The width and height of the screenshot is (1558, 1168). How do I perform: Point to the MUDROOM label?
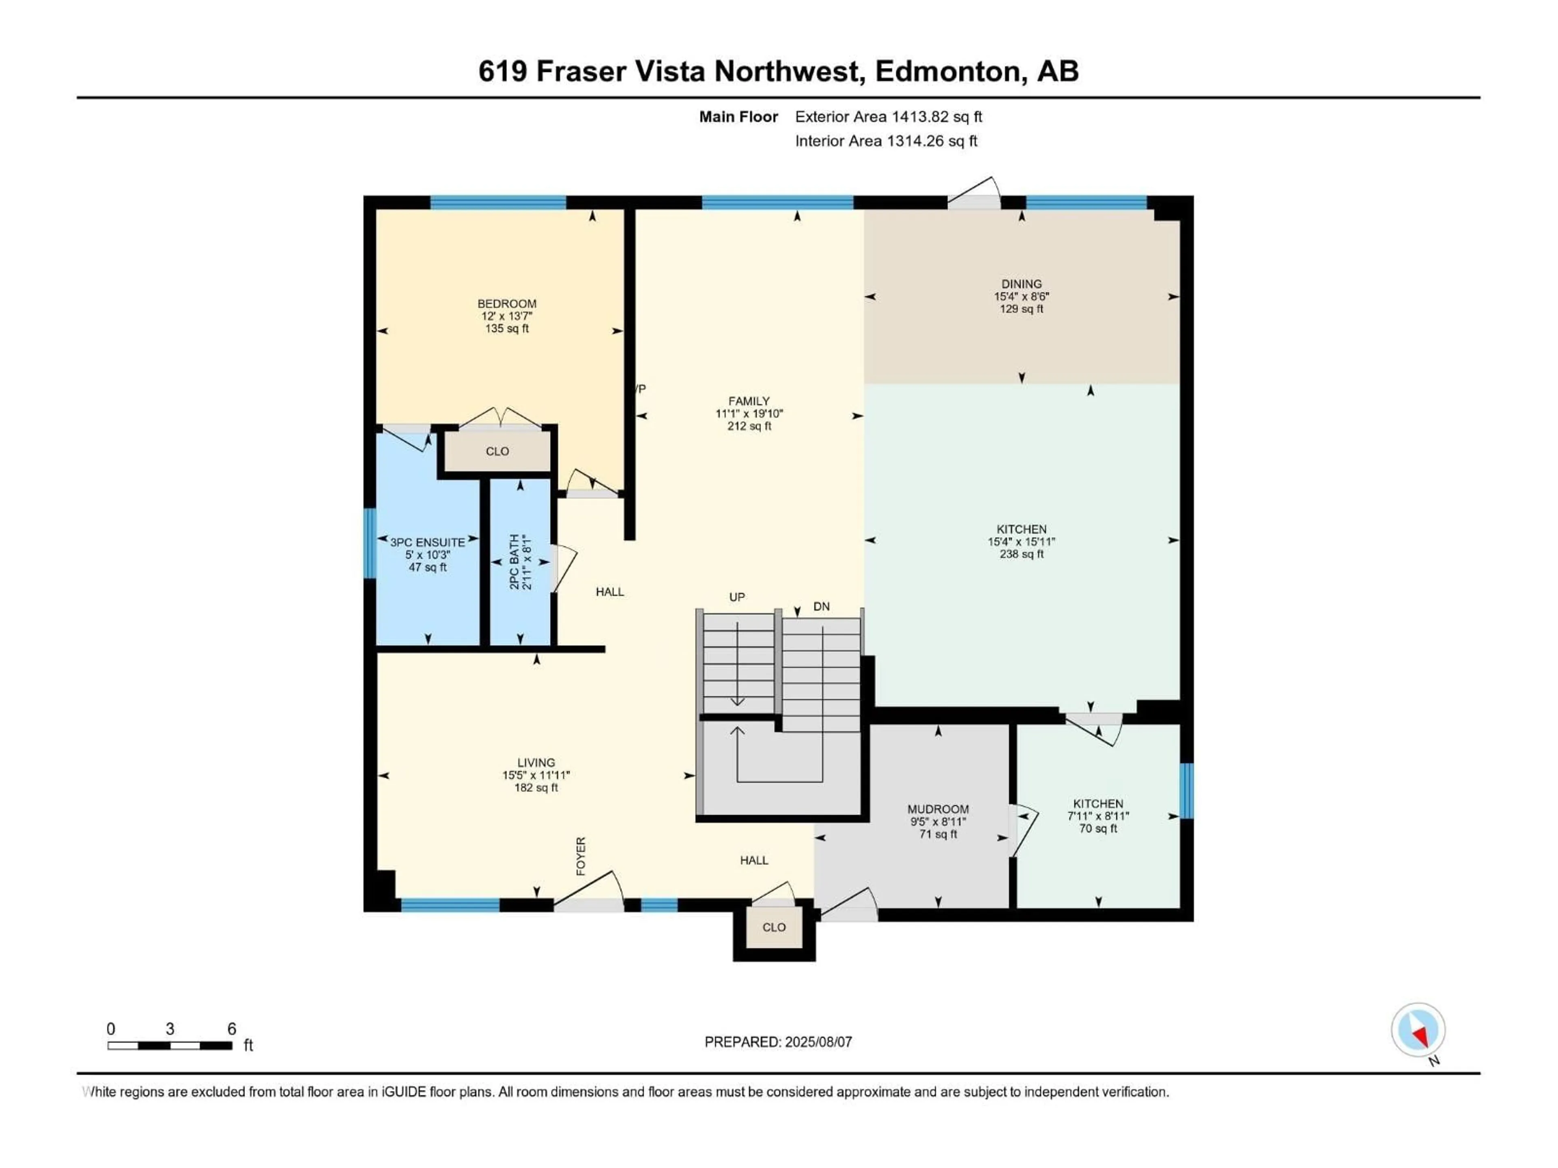pos(938,809)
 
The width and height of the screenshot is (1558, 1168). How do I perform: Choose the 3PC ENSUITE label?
pos(428,542)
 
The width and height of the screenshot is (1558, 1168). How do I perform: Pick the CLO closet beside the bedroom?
pos(497,451)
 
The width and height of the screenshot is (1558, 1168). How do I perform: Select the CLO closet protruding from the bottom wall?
pos(774,927)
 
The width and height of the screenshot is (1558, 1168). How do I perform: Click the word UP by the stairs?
pos(737,597)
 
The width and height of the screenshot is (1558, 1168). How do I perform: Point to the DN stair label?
pos(821,606)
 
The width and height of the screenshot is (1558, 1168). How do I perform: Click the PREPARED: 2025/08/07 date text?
pos(778,1042)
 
